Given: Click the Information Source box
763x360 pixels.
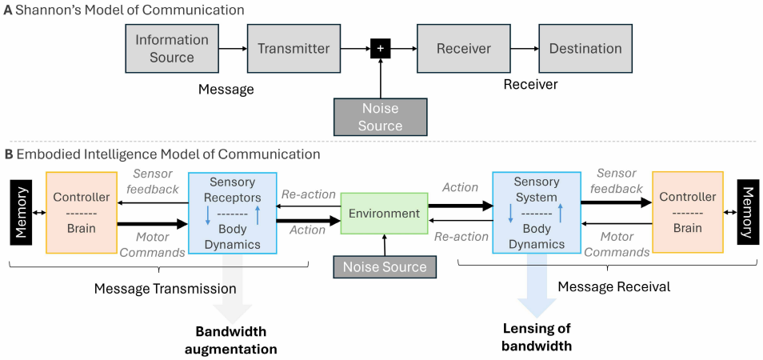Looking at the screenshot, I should [172, 48].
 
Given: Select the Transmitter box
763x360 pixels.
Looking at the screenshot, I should [294, 48].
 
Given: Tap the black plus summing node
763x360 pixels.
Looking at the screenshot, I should [380, 49].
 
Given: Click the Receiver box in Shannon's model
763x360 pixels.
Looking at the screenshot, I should [463, 48].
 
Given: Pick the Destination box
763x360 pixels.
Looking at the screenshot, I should [585, 48].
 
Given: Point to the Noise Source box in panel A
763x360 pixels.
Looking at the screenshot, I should [380, 117].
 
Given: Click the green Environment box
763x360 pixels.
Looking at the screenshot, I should [384, 213].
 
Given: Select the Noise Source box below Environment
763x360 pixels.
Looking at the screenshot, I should [385, 267].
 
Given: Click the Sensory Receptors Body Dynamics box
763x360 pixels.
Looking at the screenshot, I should [232, 213].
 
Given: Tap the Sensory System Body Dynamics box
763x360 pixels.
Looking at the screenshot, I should [537, 213].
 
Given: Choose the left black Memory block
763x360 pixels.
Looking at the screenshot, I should [20, 214].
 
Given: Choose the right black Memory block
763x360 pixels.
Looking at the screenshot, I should [748, 213].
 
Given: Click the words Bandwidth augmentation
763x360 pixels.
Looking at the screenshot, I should [231, 340].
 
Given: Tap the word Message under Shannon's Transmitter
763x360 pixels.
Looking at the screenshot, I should [226, 89].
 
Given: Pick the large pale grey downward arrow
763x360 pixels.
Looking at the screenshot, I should [232, 296].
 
